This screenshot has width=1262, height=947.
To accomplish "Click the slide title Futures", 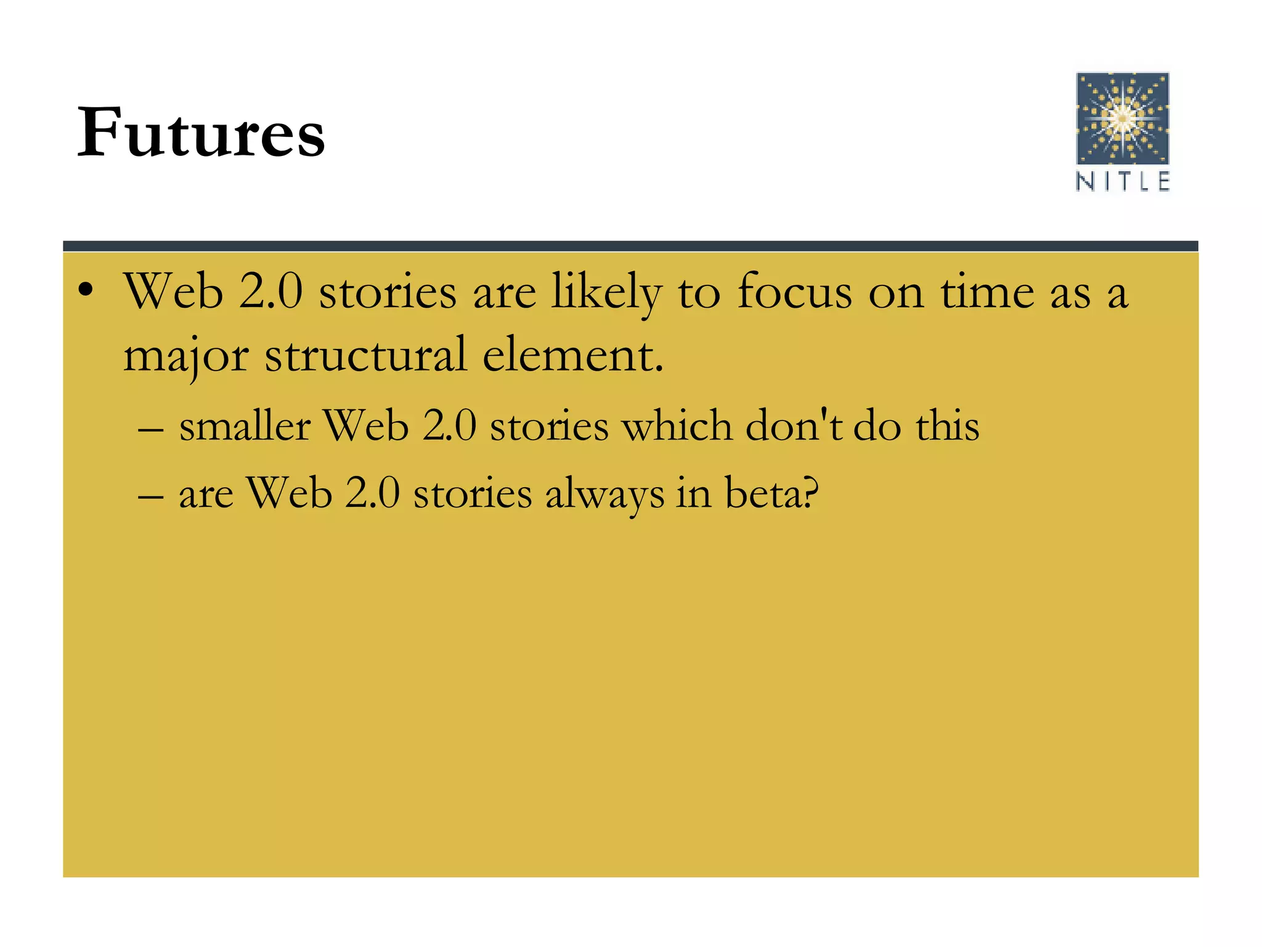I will [201, 133].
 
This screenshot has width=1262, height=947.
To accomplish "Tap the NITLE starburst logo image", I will [1122, 118].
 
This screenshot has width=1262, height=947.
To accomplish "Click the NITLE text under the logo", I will [1122, 182].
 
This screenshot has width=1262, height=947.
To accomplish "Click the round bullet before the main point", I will [86, 290].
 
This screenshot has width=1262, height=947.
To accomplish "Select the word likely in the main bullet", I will [606, 292].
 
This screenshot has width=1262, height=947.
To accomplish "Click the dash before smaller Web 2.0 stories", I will [151, 427].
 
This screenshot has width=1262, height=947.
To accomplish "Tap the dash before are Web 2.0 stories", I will [151, 495].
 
